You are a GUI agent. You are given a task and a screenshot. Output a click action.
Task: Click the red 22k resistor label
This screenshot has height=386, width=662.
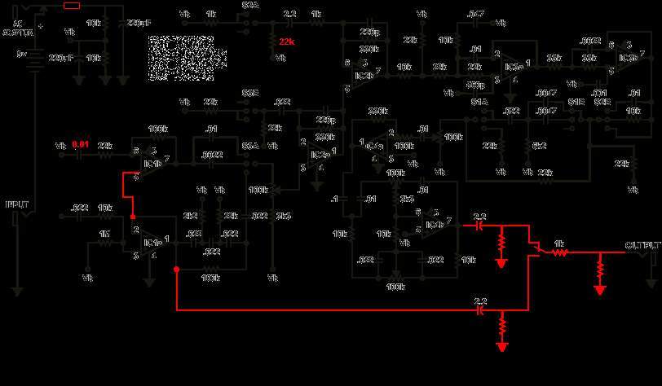click(287, 41)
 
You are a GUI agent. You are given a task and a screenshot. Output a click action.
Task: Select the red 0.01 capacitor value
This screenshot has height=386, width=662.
click(80, 145)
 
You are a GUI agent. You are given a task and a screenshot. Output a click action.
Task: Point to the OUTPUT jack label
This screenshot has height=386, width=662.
click(642, 245)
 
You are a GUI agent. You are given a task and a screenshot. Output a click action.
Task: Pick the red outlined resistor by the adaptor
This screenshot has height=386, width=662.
click(71, 6)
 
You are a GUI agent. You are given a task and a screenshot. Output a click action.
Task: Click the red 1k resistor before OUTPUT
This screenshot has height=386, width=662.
click(559, 252)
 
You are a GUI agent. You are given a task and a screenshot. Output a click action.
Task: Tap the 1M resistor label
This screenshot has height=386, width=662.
click(104, 235)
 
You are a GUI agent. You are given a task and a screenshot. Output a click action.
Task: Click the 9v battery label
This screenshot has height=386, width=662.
click(22, 55)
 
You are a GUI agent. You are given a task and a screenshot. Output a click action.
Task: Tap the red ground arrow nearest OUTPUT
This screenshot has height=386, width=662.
click(600, 288)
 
